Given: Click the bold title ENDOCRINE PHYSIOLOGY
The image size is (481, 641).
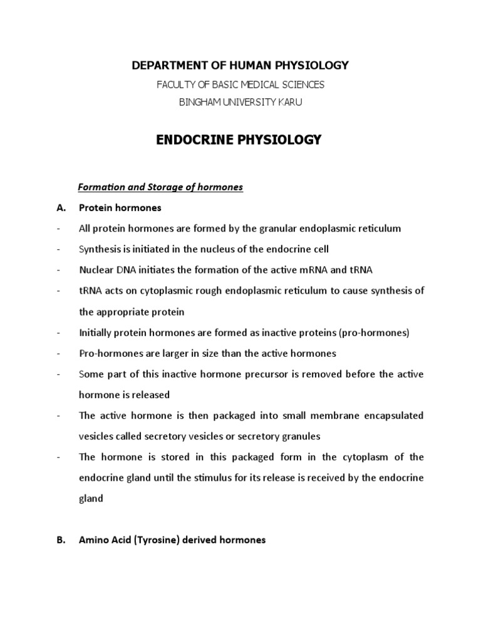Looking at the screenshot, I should [x=238, y=140].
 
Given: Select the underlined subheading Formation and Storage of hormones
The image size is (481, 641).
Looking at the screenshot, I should [x=160, y=187].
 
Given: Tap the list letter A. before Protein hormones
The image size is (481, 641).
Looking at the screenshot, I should [x=61, y=208].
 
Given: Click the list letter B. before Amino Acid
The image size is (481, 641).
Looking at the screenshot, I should [x=61, y=540].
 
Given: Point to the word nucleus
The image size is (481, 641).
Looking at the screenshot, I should [x=204, y=249].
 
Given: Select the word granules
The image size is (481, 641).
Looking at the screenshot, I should [x=293, y=436].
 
